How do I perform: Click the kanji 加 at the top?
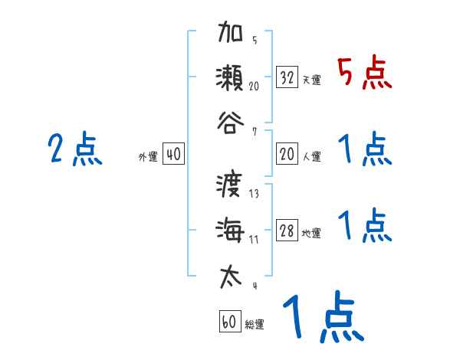231,34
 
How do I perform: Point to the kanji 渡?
231,186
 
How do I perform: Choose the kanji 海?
231,230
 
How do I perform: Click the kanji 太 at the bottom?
231,273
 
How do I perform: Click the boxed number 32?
287,77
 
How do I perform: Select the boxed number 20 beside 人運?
287,154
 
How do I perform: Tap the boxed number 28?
287,231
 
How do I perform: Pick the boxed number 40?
173,154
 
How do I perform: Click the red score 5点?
365,73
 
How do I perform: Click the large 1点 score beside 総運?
322,319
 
